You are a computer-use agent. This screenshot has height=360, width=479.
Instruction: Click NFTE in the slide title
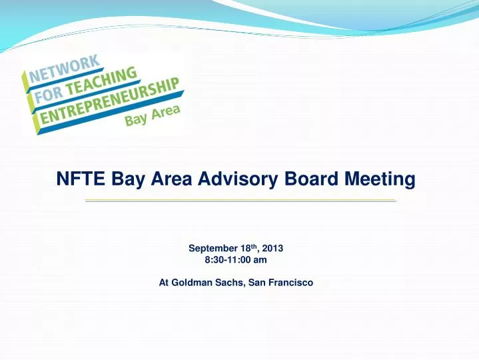pos(79,179)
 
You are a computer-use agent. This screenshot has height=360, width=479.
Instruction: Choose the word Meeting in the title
pos(380,179)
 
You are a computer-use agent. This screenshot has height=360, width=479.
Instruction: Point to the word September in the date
pos(213,248)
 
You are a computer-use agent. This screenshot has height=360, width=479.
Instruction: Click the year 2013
pos(272,248)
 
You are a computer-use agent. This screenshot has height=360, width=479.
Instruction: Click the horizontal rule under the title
pos(240,201)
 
